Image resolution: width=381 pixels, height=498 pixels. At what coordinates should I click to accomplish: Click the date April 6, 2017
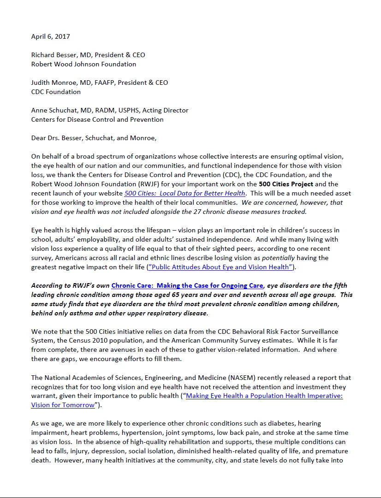pos(51,36)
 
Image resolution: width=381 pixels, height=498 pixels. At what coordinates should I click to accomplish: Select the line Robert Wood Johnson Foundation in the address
pos(83,64)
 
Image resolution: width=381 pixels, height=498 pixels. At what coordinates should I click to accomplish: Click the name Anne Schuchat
pos(52,110)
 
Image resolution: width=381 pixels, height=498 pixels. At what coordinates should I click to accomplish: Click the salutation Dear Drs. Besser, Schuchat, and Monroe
pos(94,138)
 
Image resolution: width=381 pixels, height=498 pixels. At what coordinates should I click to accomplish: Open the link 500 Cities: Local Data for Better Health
pos(185,193)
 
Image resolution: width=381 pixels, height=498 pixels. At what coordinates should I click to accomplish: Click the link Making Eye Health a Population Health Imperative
pos(264,396)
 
